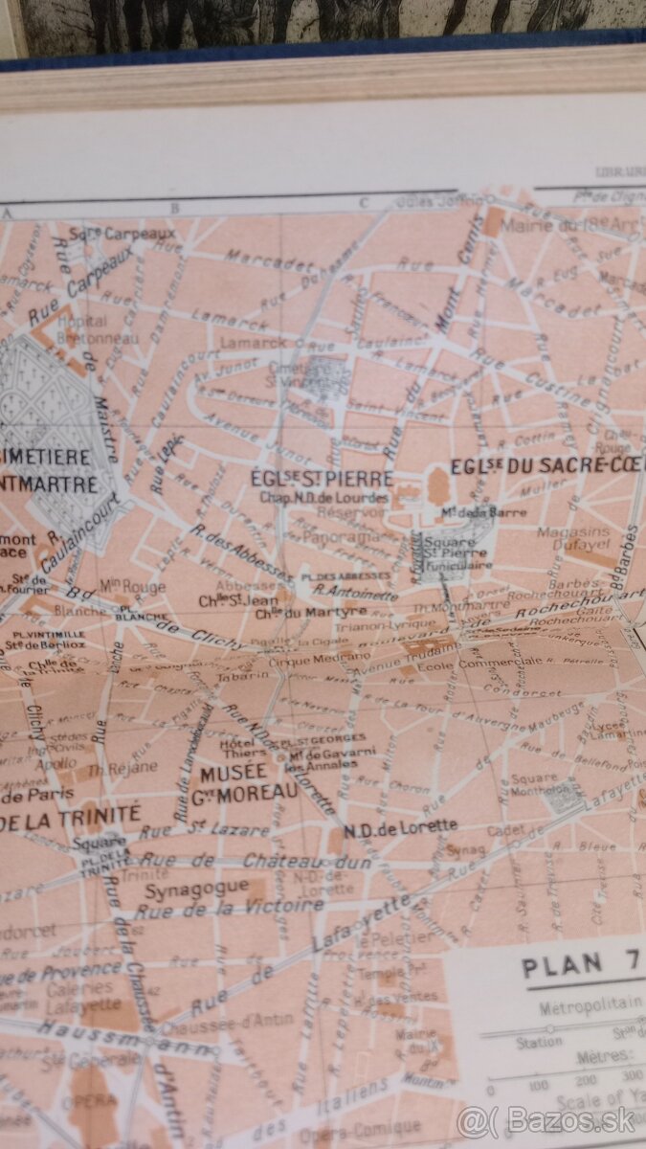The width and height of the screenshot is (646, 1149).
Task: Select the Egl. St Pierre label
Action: [321, 477]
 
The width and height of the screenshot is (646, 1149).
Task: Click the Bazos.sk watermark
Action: [546, 1120]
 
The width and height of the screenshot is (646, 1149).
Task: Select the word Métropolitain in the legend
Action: [583, 1008]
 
